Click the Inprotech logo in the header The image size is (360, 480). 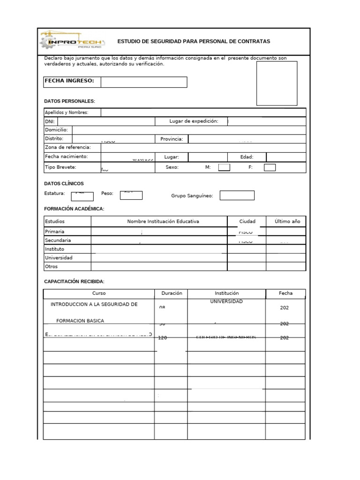(x=73, y=42)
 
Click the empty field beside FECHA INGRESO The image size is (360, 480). (x=143, y=82)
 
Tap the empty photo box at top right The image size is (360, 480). (x=277, y=83)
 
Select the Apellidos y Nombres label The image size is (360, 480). (x=66, y=112)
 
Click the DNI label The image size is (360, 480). (x=50, y=121)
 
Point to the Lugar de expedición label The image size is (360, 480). (x=194, y=121)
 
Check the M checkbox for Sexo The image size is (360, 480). (x=224, y=167)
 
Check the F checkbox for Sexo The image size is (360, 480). (x=270, y=167)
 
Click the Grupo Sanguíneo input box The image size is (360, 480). (x=237, y=195)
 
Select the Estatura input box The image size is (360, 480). (x=82, y=196)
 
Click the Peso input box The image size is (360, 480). (x=131, y=195)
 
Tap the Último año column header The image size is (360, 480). (x=287, y=221)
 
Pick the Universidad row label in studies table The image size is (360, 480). (x=59, y=258)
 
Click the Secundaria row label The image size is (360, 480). (x=58, y=240)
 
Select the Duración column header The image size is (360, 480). (x=171, y=293)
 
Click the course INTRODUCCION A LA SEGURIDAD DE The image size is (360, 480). (x=94, y=304)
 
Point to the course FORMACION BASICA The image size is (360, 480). (x=80, y=321)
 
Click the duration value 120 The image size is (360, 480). (x=163, y=337)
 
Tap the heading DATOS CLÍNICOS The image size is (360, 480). (x=64, y=184)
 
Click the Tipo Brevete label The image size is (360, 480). (x=60, y=167)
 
